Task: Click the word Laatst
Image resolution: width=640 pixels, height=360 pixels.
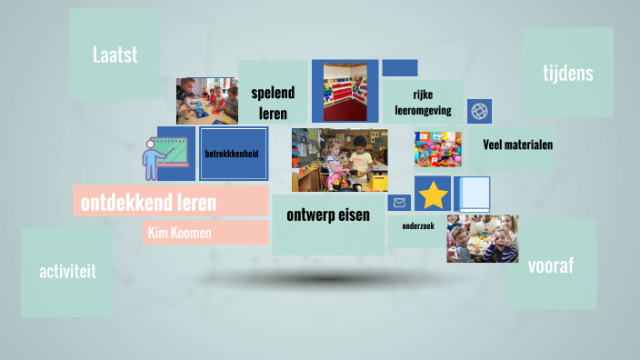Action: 115,55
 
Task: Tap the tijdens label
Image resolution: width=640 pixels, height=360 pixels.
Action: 567,73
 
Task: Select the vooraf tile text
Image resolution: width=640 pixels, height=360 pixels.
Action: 550,265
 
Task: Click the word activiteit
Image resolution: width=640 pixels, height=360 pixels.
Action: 67,271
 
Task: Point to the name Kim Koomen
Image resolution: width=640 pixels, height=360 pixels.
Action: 178,234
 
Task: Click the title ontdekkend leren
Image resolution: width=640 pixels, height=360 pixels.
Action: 148,202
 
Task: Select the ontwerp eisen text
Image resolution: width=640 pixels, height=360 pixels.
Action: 328,215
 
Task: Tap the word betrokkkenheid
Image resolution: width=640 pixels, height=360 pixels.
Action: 232,154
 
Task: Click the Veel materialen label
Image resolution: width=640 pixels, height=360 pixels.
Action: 517,145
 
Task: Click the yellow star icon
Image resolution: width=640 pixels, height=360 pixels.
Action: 433,195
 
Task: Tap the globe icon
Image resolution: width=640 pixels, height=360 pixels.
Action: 479,112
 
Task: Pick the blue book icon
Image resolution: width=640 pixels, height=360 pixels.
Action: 473,195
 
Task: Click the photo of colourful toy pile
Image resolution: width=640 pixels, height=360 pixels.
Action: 437,150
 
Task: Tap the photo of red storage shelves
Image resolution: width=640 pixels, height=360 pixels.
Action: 345,91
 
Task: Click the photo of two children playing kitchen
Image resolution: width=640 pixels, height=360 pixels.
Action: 339,160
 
